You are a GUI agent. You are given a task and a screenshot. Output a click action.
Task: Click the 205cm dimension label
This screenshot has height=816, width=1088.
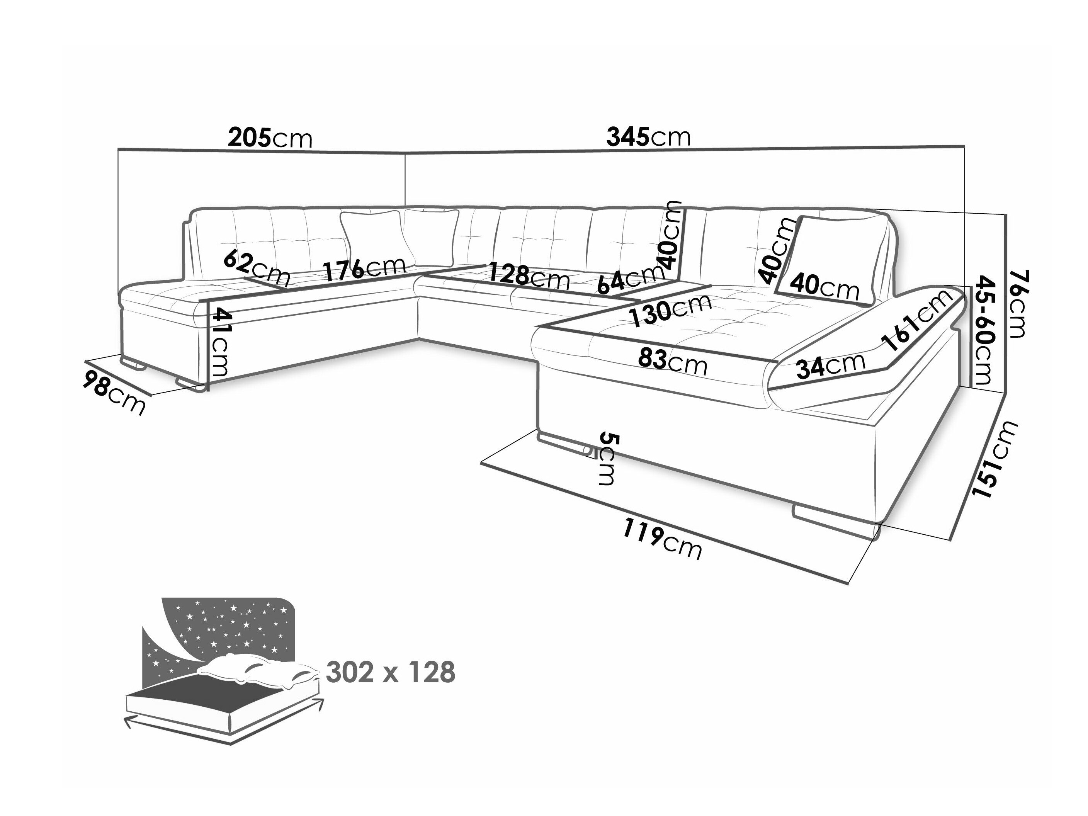[270, 138]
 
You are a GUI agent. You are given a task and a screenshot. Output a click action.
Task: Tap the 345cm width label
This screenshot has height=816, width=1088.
[649, 137]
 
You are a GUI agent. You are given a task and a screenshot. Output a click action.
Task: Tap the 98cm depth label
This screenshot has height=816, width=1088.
[115, 392]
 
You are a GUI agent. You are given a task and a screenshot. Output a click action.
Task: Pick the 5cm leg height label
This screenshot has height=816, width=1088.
[607, 459]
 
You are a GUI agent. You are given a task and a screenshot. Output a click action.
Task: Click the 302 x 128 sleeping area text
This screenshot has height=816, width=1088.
[391, 672]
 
